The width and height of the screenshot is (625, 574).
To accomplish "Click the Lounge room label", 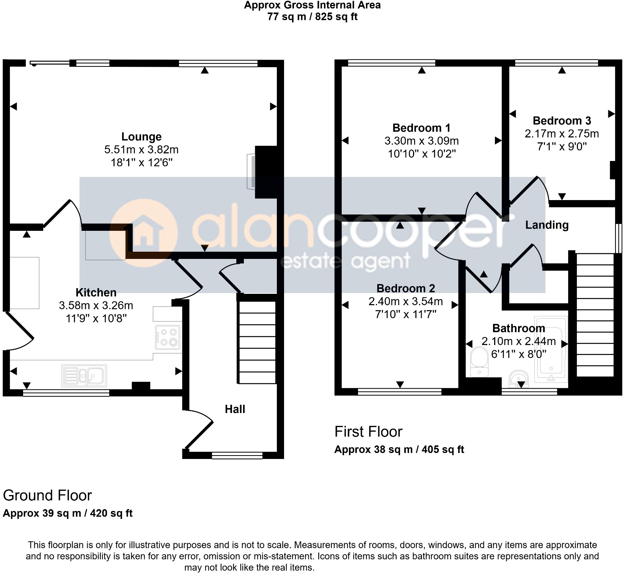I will (x=141, y=137).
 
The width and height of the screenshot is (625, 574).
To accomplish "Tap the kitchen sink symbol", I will (x=84, y=375).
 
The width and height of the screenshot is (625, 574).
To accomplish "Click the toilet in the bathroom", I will (x=479, y=363).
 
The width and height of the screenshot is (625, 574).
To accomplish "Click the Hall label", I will (x=235, y=409).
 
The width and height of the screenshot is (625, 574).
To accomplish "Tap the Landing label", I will (x=546, y=225).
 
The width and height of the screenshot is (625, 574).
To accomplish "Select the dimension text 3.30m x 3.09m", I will (x=421, y=141).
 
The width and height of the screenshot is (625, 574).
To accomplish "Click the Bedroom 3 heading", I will (x=562, y=121).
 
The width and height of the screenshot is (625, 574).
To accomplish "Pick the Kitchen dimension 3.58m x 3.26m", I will (x=96, y=306).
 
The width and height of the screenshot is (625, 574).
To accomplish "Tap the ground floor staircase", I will (x=257, y=342).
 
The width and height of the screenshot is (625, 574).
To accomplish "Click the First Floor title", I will (x=368, y=432).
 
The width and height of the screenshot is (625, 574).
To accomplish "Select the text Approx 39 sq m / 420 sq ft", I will (x=68, y=513).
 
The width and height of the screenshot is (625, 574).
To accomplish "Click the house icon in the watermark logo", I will (x=143, y=232).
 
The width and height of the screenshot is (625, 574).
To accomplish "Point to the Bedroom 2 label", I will (x=405, y=289).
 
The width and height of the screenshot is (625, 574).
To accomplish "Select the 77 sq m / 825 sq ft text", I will (x=312, y=17).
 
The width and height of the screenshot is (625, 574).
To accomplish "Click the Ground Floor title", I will (x=47, y=496).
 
